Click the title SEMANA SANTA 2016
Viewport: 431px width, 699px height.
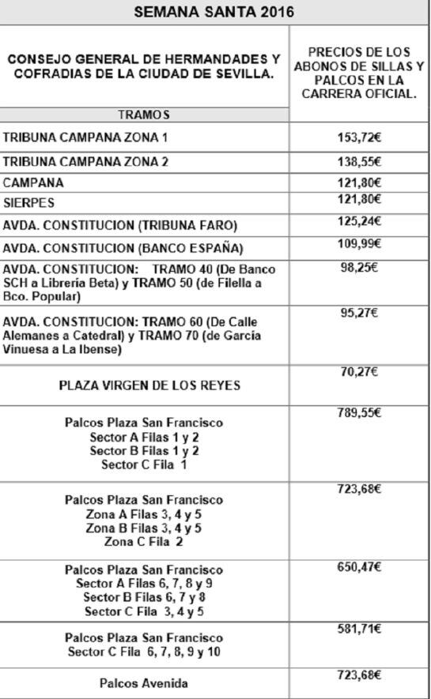[214, 13]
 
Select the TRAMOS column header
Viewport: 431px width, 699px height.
[144, 115]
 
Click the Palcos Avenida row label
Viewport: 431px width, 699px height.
[144, 683]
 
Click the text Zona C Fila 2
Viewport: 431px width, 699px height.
[144, 542]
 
